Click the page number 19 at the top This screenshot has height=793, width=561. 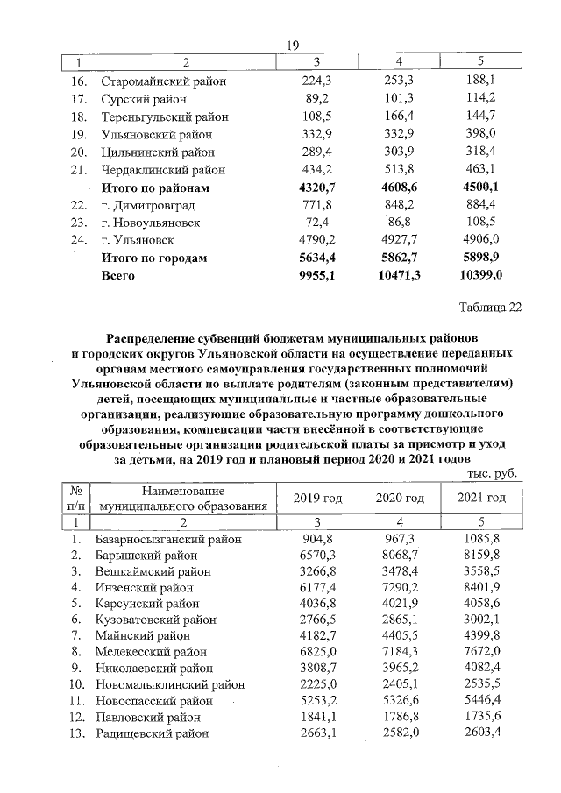294,46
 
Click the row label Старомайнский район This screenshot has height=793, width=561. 163,81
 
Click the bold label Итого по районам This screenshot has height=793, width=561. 156,188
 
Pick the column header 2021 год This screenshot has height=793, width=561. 481,499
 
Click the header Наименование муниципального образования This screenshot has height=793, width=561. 182,499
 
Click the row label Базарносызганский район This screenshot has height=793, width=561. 167,539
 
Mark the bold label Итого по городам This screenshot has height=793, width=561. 154,258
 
